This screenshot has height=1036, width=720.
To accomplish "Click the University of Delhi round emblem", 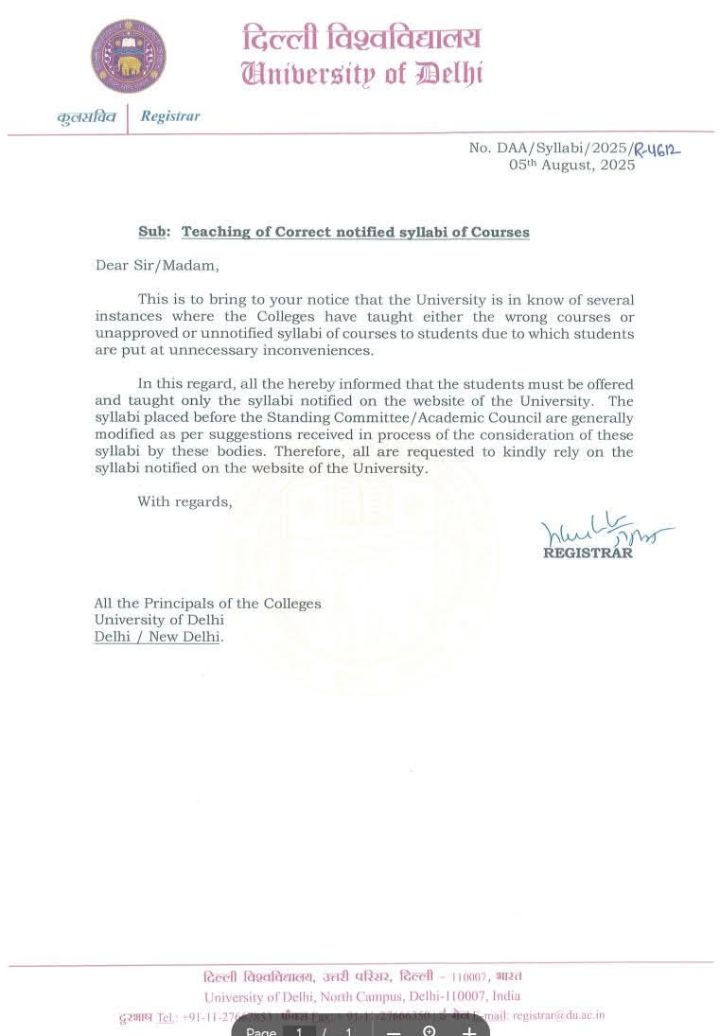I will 128,56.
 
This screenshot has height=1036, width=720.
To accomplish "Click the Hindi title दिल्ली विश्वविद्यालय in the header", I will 361,39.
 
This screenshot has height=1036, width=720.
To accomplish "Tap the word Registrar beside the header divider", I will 170,116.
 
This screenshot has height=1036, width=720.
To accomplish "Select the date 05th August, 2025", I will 571,165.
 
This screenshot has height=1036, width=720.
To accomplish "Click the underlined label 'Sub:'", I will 154,232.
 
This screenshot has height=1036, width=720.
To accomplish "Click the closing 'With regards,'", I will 184,501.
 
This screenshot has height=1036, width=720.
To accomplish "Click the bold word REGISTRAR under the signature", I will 588,553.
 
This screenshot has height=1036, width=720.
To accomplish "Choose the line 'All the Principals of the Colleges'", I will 207,603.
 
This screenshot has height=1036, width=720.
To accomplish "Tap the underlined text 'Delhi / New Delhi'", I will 157,637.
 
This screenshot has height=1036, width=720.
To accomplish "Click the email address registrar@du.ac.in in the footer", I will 558,1015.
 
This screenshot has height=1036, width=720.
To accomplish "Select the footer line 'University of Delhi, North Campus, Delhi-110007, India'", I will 362,996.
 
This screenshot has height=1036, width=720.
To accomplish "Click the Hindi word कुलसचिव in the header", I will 85,117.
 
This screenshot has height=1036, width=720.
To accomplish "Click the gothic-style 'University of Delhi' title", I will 361,73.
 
